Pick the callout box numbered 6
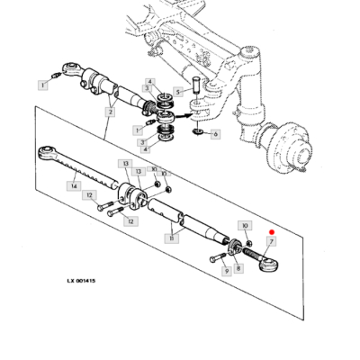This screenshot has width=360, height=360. [x=214, y=135]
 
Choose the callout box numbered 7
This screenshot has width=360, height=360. [x=271, y=242]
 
